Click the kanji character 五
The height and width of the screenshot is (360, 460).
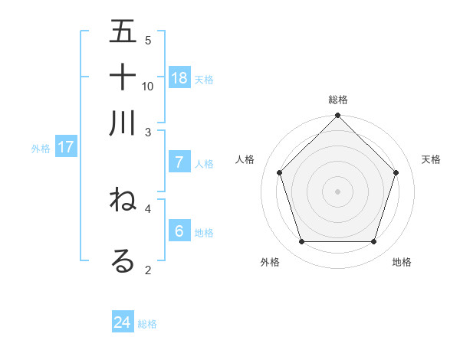click(x=123, y=32)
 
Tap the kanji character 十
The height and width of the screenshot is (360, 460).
click(x=123, y=77)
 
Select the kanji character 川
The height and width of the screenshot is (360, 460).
click(x=123, y=123)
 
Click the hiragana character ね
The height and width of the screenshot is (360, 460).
click(x=123, y=200)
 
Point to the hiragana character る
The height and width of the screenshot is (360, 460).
click(x=123, y=260)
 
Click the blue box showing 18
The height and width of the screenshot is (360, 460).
click(x=179, y=77)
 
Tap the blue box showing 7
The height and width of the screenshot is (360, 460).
click(x=179, y=162)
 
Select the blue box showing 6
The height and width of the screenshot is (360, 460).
click(x=179, y=231)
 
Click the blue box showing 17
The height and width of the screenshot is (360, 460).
click(x=65, y=147)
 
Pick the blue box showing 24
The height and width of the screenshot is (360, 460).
click(x=123, y=322)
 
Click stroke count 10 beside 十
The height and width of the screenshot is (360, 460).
click(x=148, y=86)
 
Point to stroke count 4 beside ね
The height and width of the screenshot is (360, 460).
click(x=148, y=208)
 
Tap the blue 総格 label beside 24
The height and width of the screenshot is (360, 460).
click(x=147, y=324)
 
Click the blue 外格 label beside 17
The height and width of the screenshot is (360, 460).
click(x=40, y=149)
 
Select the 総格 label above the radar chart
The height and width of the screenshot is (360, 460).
click(x=338, y=100)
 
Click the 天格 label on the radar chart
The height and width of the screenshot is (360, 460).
click(x=431, y=159)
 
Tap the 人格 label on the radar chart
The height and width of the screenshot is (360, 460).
click(x=245, y=159)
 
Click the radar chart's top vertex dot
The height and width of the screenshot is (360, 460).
click(x=338, y=116)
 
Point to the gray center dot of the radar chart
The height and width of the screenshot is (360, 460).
click(x=338, y=191)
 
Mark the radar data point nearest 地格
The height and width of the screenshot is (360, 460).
click(x=374, y=242)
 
